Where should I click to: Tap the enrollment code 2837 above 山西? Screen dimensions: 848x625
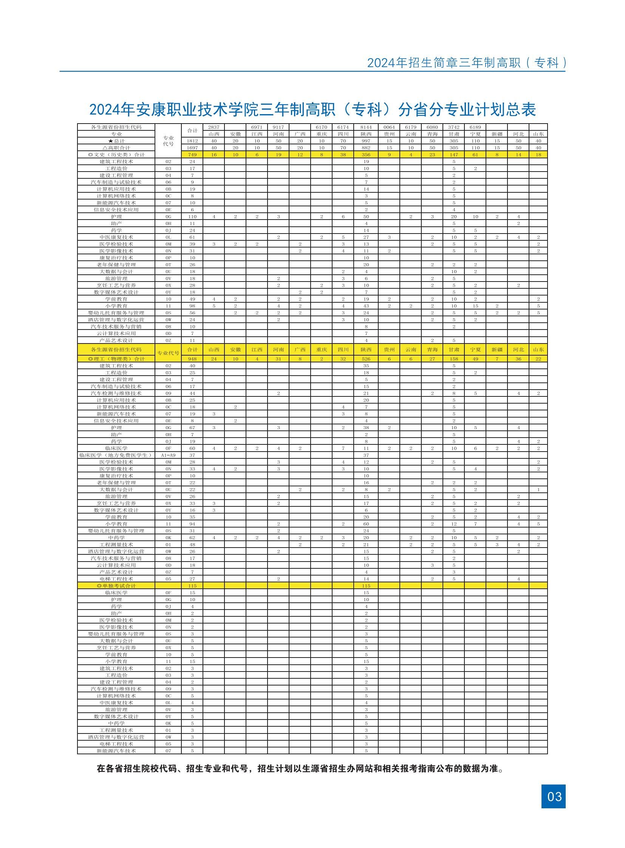(x=214, y=127)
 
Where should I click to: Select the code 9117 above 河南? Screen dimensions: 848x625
(x=278, y=127)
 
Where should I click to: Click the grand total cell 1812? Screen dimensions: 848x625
(x=192, y=141)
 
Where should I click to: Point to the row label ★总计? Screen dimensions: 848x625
(x=116, y=141)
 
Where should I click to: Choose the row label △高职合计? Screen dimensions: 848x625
(x=116, y=148)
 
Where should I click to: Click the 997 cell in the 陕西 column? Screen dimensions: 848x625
(x=366, y=141)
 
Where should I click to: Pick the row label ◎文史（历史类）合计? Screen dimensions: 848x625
(x=116, y=155)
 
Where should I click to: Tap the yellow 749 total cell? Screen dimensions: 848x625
(x=192, y=155)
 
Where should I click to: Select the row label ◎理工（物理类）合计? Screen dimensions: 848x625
(x=116, y=359)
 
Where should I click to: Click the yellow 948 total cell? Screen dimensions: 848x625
(x=192, y=359)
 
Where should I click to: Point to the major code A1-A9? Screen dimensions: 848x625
(x=169, y=455)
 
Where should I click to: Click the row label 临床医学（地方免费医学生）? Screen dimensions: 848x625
(x=116, y=455)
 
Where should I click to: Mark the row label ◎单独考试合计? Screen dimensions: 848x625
(x=116, y=586)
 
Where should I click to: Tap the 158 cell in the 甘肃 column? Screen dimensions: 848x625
(x=453, y=359)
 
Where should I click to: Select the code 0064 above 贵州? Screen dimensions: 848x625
(x=389, y=127)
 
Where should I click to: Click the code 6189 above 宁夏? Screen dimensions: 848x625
(x=475, y=127)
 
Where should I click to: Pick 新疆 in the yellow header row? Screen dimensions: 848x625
(x=497, y=350)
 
